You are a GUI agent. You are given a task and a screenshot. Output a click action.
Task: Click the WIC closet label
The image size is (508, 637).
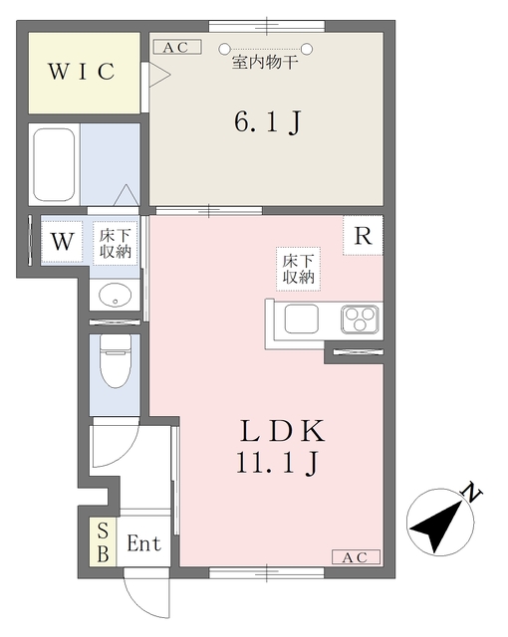pos(83,72)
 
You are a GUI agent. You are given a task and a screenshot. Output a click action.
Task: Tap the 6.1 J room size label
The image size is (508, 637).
pos(267,122)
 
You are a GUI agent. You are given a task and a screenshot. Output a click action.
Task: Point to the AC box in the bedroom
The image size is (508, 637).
pos(176,47)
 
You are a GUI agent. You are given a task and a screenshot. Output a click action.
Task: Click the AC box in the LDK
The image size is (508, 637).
pos(354,557)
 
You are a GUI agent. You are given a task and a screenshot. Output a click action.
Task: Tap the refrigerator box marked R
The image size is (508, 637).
pos(364,237)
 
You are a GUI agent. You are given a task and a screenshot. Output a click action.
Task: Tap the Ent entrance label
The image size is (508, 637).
pos(143,544)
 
